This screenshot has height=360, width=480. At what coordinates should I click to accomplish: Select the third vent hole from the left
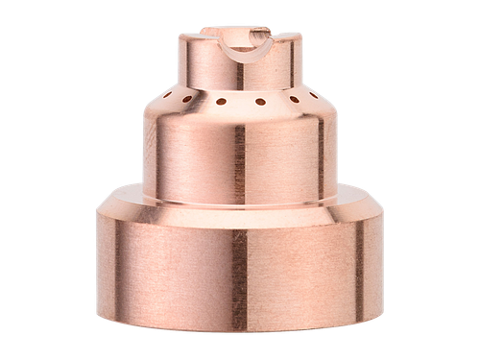click(220, 101)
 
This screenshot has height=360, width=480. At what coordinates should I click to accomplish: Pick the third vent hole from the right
click(260, 101)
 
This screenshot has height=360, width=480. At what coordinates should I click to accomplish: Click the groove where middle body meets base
click(240, 203)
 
